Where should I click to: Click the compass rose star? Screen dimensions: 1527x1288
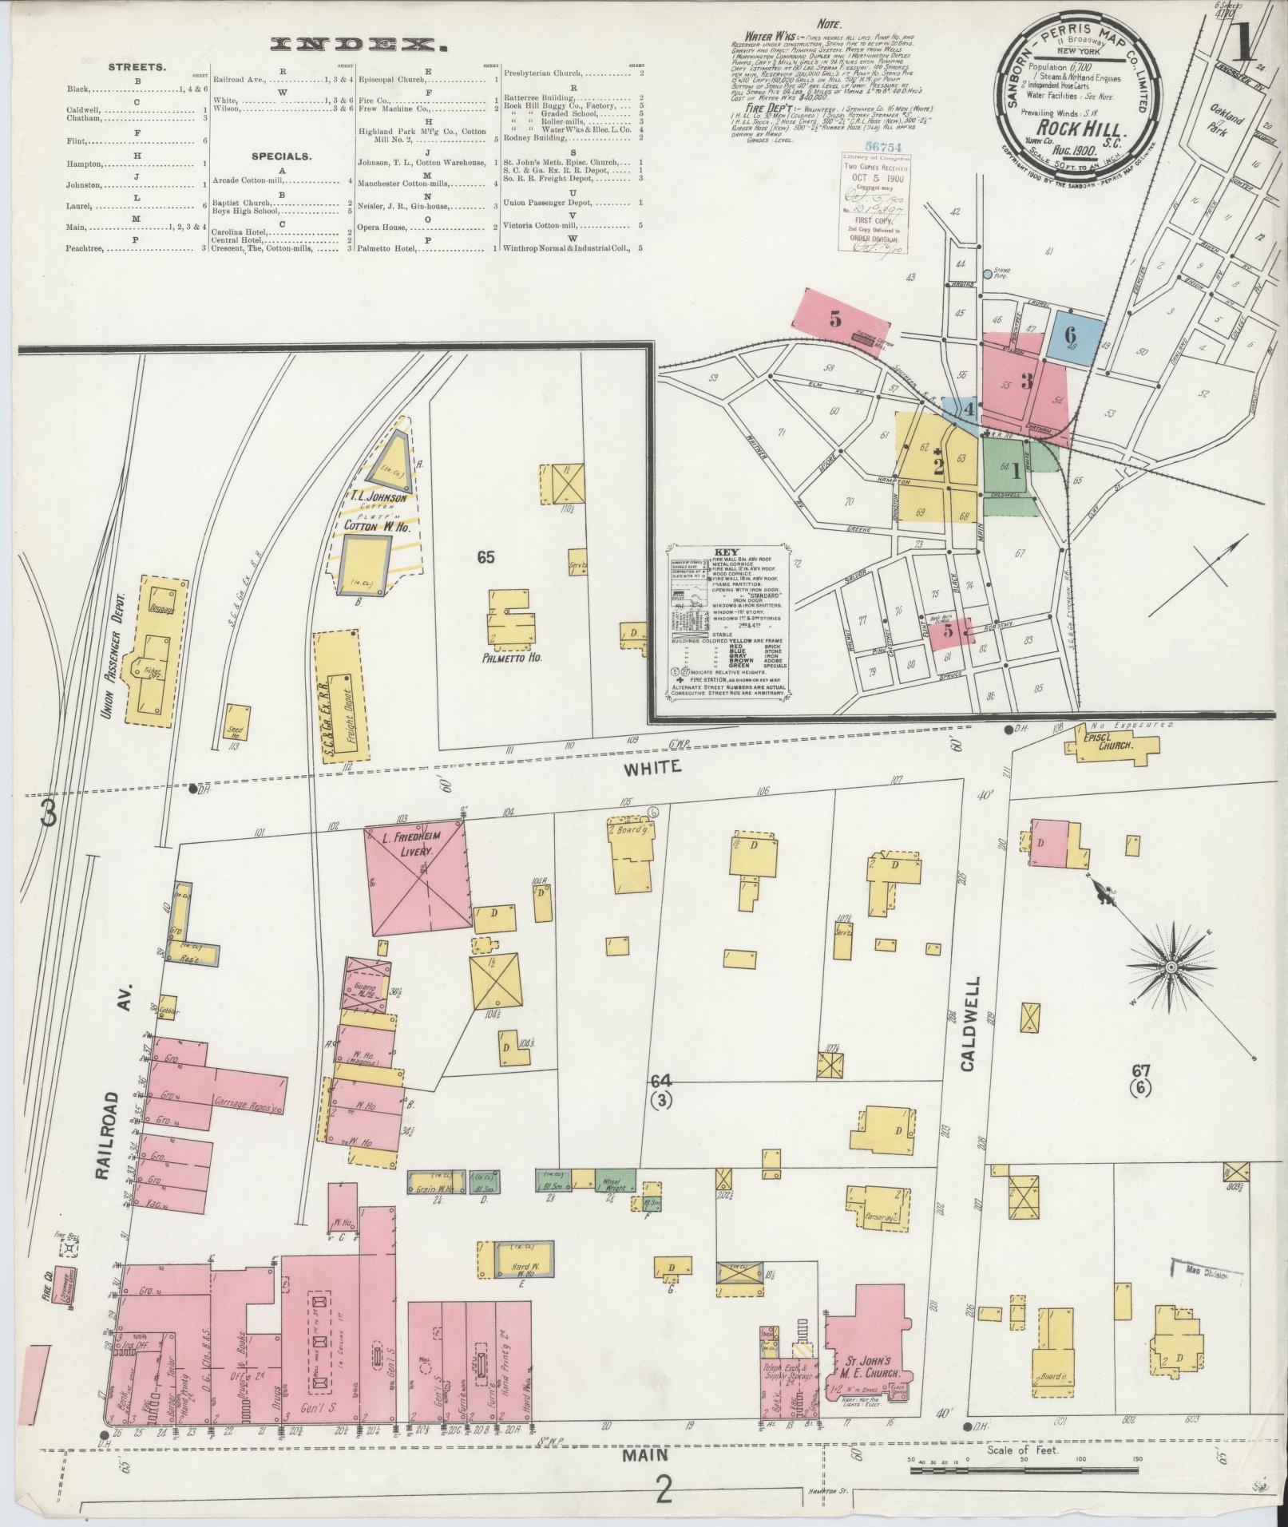(1171, 967)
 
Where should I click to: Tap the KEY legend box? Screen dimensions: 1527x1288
(727, 623)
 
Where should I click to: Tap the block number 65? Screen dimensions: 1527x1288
(486, 557)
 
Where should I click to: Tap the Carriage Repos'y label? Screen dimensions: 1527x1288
(245, 1110)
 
